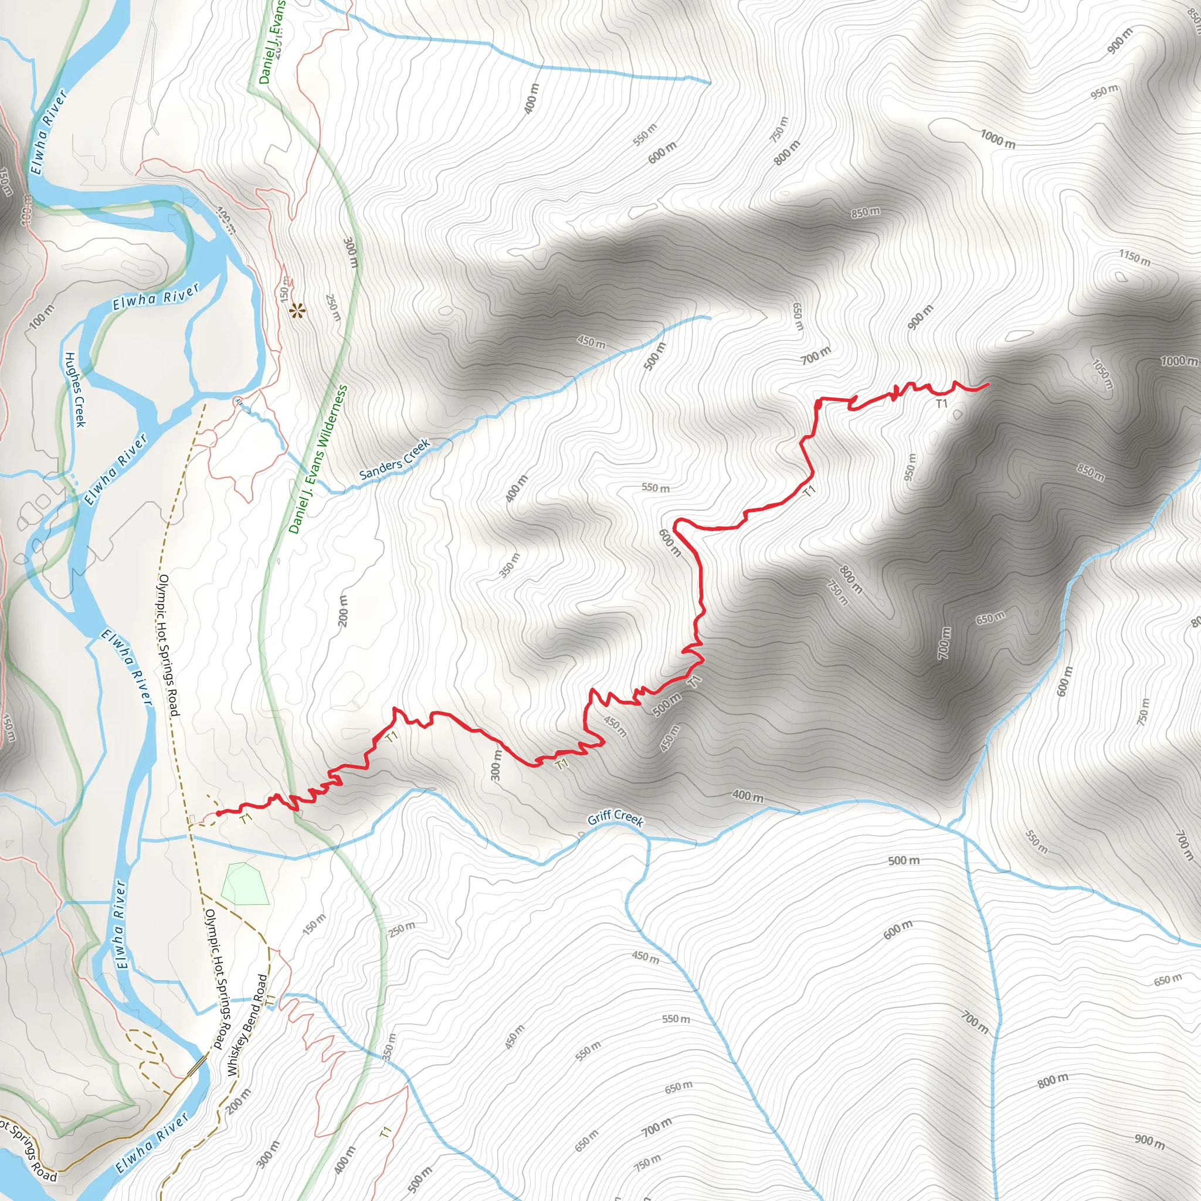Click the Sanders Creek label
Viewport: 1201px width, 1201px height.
(x=395, y=459)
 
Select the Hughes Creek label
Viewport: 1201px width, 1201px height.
(x=74, y=389)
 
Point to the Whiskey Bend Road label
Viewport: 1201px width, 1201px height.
(x=247, y=1025)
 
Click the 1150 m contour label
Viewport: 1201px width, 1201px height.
(x=1135, y=257)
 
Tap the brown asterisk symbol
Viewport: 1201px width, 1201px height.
(x=298, y=310)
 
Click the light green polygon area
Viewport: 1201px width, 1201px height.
(x=246, y=883)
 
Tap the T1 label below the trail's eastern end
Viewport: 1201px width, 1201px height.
(x=941, y=403)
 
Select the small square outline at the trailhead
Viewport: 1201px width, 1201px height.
(x=193, y=818)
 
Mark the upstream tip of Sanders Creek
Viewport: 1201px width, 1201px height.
(x=710, y=318)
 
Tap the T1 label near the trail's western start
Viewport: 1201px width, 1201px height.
(x=246, y=819)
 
